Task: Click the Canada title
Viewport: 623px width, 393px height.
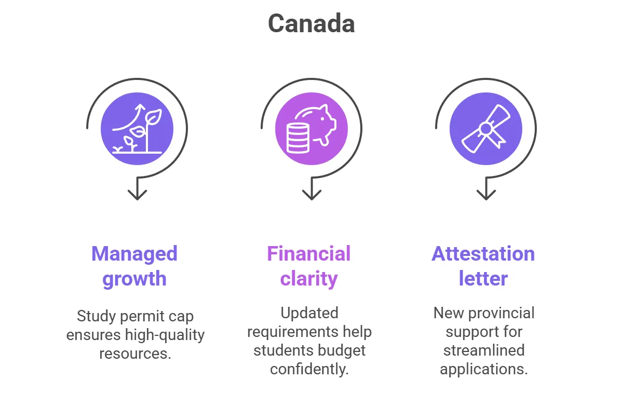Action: pos(311,23)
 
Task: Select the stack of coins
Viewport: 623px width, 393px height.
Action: pos(298,139)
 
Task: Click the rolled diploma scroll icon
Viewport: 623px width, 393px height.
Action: pos(486,129)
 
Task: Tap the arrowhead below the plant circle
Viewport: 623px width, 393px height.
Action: pos(137,194)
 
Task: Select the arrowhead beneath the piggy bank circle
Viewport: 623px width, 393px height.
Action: pos(311,194)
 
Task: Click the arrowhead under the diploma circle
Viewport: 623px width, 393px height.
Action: pos(486,194)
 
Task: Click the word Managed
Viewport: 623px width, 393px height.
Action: pos(134,254)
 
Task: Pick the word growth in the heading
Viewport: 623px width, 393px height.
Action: pos(134,279)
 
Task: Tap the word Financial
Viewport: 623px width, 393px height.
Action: pos(309,254)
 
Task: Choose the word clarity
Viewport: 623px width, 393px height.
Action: pos(309,279)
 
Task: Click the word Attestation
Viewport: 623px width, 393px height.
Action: pos(483,254)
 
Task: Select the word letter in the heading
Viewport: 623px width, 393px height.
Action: pos(483,278)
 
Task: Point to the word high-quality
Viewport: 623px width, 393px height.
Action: pos(165,335)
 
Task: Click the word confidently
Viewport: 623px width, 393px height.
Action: pos(309,369)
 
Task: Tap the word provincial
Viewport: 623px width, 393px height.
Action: pos(502,314)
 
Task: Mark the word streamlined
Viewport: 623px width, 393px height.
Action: pos(484,350)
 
